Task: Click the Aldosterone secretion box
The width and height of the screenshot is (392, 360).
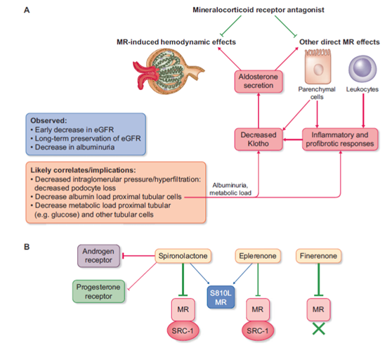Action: [259, 82]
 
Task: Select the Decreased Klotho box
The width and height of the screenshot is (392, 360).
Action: [259, 139]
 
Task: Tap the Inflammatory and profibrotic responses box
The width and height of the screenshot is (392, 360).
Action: [340, 139]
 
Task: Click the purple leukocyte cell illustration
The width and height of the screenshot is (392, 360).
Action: [362, 69]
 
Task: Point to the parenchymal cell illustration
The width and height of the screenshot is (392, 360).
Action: [318, 67]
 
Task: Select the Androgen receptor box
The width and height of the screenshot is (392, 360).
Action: [98, 256]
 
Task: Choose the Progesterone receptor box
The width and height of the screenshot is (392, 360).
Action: [98, 292]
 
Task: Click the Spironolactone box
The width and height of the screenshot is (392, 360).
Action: [183, 256]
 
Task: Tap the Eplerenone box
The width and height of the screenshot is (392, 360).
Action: [258, 256]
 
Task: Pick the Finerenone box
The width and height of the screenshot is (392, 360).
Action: [318, 256]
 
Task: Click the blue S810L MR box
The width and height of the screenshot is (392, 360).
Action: [221, 297]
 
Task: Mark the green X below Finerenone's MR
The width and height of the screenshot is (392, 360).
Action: [319, 328]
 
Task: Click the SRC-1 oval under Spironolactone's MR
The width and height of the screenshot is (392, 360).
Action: [183, 330]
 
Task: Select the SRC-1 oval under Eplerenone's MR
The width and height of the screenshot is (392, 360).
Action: [258, 330]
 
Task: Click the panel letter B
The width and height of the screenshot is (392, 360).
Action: [27, 247]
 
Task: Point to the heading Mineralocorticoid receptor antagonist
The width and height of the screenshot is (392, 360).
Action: [259, 10]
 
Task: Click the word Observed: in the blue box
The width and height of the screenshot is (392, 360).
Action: [48, 120]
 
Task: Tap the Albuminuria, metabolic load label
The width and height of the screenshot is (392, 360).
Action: [230, 189]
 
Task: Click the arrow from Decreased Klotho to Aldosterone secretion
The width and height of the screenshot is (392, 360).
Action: [259, 110]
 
